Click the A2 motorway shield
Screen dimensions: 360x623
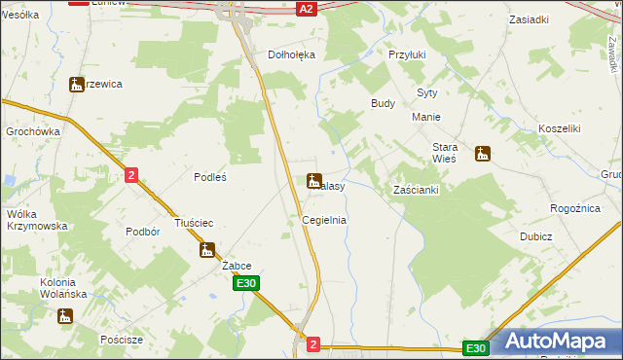click(x=306, y=8)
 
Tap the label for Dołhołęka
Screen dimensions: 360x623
click(x=292, y=55)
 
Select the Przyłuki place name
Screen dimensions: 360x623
click(x=408, y=55)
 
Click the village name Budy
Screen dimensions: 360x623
click(x=383, y=102)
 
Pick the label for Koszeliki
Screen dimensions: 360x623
click(x=559, y=128)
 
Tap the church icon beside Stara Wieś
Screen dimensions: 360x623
click(x=482, y=154)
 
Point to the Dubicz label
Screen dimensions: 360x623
click(x=535, y=236)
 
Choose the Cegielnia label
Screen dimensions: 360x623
click(x=324, y=221)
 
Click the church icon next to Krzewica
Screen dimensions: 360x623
click(x=77, y=85)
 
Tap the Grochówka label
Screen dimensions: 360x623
click(x=33, y=131)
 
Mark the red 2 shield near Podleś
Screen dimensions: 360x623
click(x=132, y=174)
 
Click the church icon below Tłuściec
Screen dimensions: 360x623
click(x=206, y=250)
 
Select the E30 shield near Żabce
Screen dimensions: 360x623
click(x=246, y=283)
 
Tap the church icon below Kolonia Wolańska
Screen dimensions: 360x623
click(x=65, y=316)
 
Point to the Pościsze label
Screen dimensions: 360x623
click(x=122, y=340)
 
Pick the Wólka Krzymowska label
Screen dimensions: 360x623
click(x=37, y=219)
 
